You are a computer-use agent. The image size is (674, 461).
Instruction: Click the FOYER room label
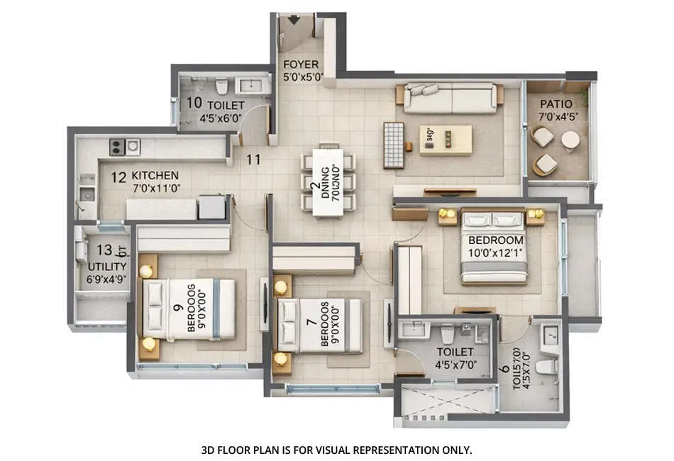point(301,65)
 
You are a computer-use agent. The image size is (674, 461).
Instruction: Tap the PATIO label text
point(556,104)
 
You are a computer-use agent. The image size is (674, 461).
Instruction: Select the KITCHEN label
point(155,175)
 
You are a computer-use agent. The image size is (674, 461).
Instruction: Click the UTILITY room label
point(107,267)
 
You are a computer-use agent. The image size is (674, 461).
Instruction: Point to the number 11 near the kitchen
point(253,159)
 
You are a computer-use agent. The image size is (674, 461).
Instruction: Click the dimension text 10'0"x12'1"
point(495,252)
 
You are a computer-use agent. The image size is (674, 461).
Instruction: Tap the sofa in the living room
point(449,98)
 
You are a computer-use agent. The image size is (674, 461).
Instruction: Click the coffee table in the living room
point(445,139)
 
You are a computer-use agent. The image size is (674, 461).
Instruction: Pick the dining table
point(328,182)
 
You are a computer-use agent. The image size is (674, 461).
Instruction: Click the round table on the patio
point(570,140)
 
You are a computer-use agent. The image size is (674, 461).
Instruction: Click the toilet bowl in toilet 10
point(221,87)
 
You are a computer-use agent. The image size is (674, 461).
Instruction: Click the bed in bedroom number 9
point(189,309)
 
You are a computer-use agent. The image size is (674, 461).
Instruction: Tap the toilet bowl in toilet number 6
point(545,367)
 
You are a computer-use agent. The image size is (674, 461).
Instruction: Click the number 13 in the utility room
point(104,250)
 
